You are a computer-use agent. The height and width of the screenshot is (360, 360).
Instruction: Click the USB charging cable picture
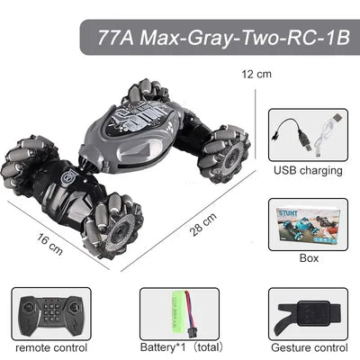(x=308, y=135)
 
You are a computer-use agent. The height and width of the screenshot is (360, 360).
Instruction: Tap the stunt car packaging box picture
(x=308, y=224)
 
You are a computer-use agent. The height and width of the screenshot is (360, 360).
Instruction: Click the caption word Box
(x=308, y=258)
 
